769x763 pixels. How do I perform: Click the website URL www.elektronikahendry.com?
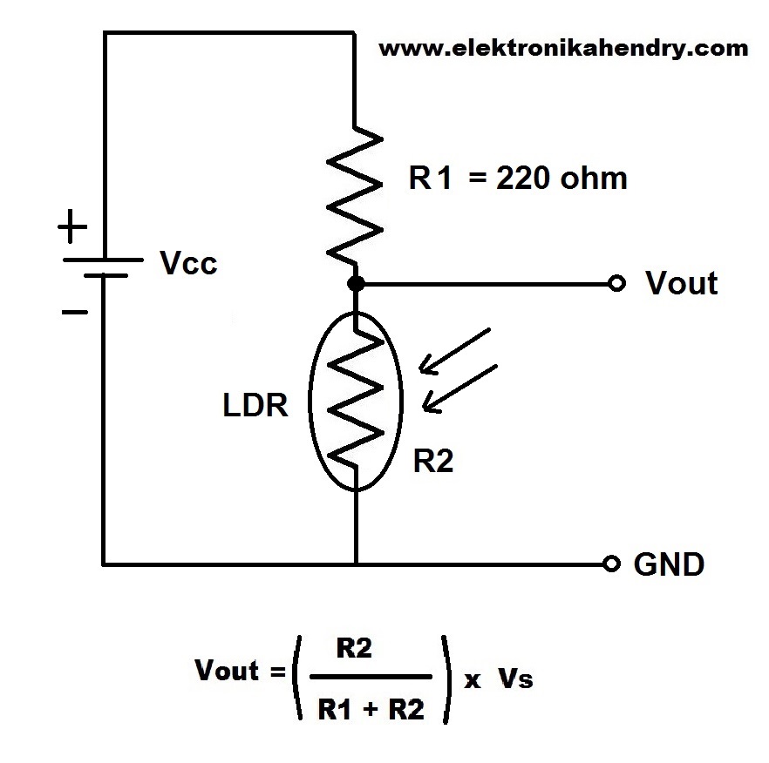pos(563,48)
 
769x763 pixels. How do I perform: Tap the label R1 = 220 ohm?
pos(518,179)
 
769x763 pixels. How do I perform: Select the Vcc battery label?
pos(189,263)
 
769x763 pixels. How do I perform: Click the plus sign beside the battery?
pos(72,229)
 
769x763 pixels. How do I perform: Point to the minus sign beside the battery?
pos(72,310)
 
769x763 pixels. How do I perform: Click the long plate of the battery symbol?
pos(103,260)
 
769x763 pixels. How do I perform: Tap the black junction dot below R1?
pos(356,284)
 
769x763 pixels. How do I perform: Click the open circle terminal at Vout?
pos(617,284)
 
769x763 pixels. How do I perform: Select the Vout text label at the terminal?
pos(681,283)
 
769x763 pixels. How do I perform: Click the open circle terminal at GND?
pos(613,564)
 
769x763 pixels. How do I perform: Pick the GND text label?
pos(668,564)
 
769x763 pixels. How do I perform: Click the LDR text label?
pos(255,405)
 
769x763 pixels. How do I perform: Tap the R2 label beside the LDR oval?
pos(433,462)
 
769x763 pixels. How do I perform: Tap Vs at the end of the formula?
pos(514,680)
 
